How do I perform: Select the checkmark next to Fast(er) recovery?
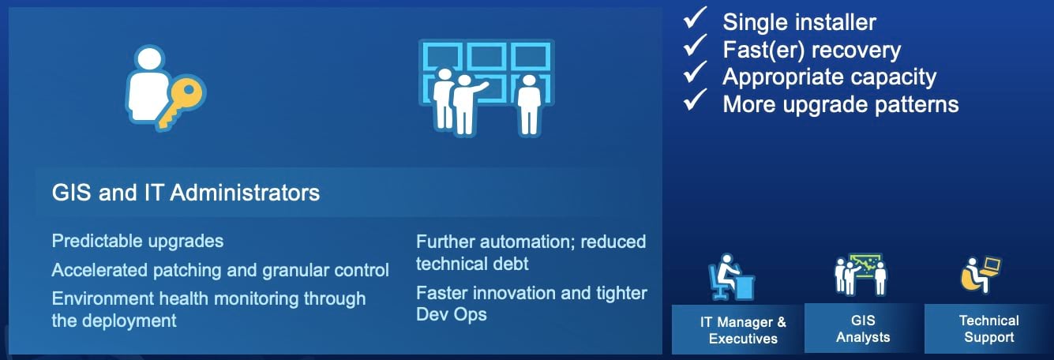coord(695,45)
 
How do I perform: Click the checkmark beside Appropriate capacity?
coord(695,72)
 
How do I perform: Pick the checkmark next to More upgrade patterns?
coord(695,99)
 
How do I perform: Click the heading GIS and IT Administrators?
coord(186,193)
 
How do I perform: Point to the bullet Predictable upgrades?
coord(137,242)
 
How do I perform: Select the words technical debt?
coord(472,264)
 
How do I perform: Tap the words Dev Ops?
coord(452,314)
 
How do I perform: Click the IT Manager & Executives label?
coord(743,330)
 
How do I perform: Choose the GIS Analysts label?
coord(863,329)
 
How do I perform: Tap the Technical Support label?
coord(989,329)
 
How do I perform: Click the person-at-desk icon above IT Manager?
coord(732,277)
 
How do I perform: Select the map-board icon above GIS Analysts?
coord(861,275)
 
